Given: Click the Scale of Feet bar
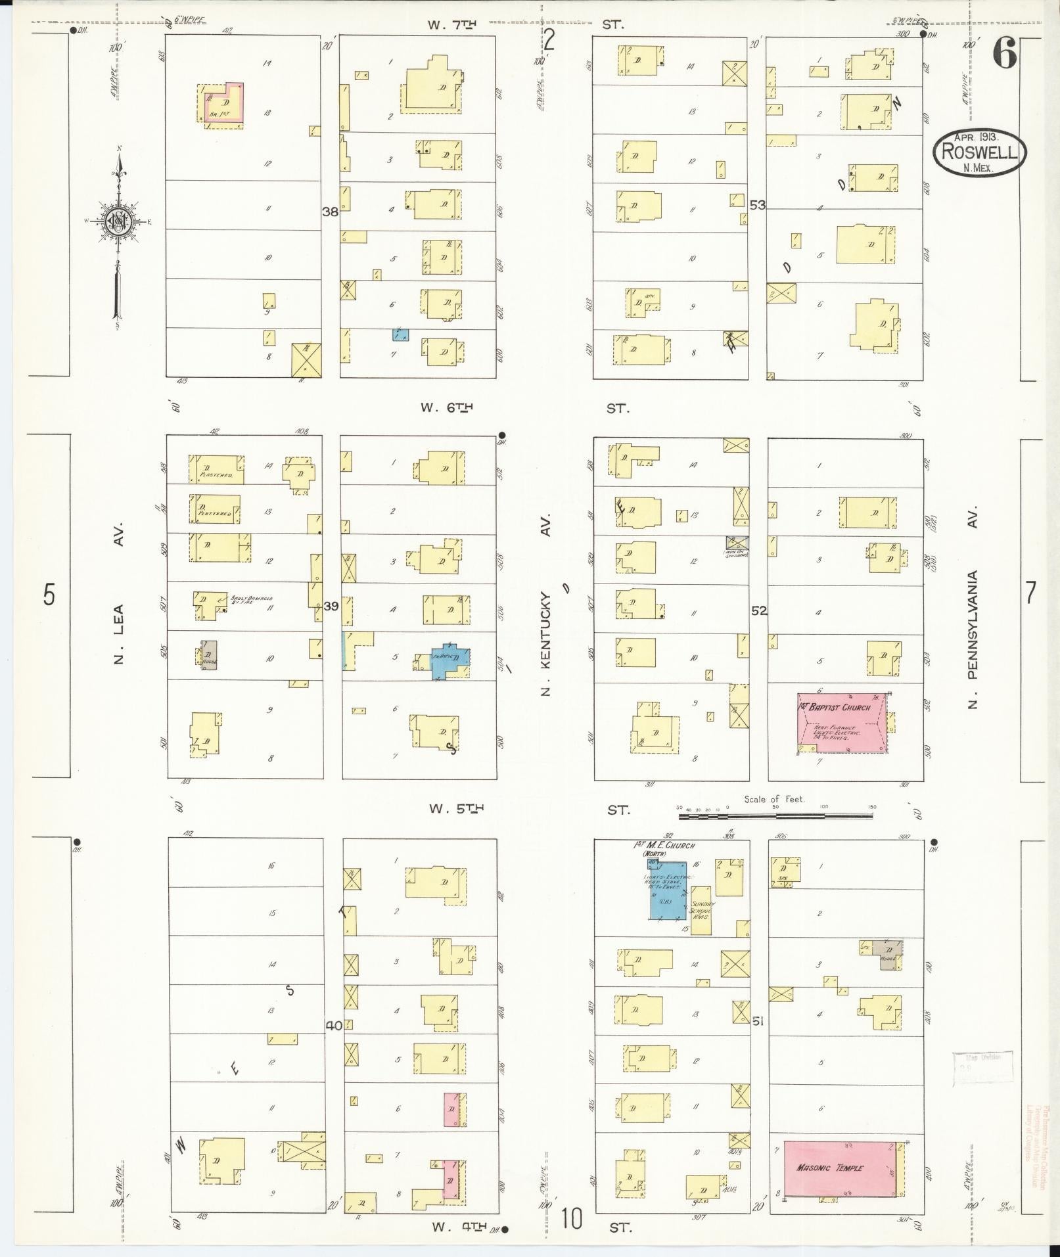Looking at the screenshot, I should (x=775, y=815).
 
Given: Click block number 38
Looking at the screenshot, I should (x=330, y=212).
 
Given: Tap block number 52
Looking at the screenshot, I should (x=759, y=610).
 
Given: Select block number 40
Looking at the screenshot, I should (x=334, y=1024).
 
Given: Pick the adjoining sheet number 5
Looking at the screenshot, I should (x=49, y=595).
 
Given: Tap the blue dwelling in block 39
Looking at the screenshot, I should (x=450, y=661).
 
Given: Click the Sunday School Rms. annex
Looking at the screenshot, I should (x=701, y=909).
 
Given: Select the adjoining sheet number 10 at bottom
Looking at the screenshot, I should (x=572, y=1219).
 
